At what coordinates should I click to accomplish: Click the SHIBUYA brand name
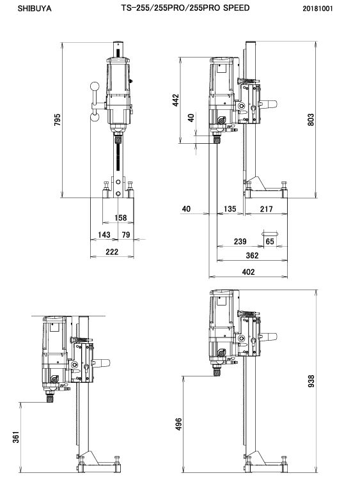click(35, 8)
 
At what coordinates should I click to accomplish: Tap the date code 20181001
click(317, 8)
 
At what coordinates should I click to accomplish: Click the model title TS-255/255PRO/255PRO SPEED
click(185, 8)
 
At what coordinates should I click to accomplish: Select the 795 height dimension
click(57, 120)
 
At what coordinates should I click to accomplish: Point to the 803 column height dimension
click(310, 120)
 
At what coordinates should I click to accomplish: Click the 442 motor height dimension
click(176, 100)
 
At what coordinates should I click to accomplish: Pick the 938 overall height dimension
click(311, 381)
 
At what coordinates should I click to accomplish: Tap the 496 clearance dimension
click(178, 424)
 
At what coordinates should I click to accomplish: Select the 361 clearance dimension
click(15, 437)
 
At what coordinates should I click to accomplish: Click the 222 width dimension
click(112, 252)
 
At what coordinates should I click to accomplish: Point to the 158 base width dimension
click(120, 218)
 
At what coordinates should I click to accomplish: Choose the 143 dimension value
click(104, 235)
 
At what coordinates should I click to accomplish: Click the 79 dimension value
click(126, 235)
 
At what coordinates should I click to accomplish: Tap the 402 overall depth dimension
click(248, 272)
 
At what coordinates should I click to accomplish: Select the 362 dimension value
click(252, 255)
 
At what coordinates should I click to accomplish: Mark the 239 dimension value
click(240, 242)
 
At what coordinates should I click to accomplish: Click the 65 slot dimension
click(270, 242)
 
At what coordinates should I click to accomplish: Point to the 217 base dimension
click(266, 209)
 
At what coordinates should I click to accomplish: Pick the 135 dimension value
click(230, 209)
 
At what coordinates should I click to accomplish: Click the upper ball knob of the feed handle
click(95, 87)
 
